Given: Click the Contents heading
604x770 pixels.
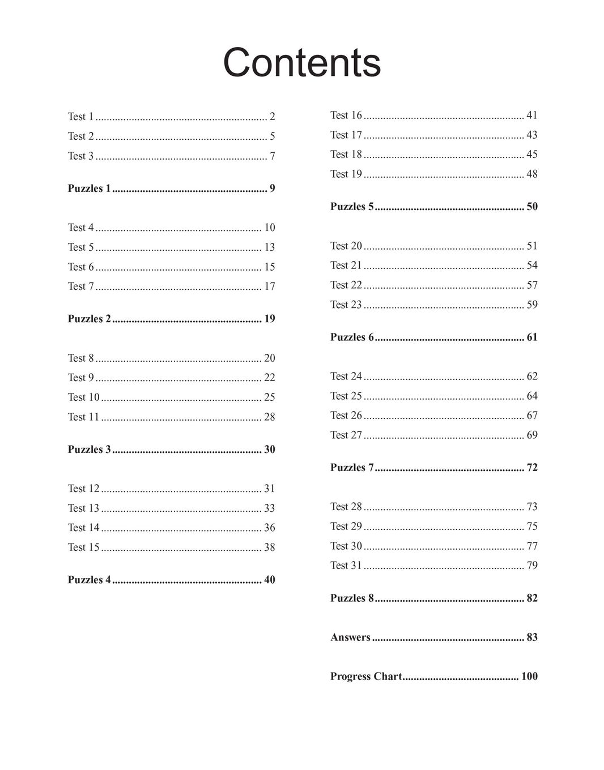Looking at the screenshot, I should [301, 62].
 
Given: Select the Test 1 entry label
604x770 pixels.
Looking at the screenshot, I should [80, 117].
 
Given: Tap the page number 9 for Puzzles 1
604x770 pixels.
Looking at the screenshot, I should [272, 189].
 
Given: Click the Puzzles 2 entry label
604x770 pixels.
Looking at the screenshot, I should [90, 319].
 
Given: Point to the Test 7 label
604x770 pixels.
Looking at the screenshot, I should [80, 286].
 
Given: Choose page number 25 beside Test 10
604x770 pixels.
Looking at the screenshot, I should [269, 397].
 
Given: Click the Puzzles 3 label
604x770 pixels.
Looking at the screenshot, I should [90, 450].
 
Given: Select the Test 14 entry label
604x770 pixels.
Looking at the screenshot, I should [83, 528].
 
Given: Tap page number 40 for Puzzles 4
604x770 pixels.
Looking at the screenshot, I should [269, 580].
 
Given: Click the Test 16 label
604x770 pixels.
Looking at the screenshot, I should [346, 115].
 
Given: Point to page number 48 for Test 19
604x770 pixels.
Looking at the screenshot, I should [531, 174].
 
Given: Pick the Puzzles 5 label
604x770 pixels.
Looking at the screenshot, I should [352, 207].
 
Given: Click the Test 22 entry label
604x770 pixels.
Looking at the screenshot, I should [346, 285].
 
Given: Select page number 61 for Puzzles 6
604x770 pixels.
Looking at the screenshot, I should [531, 337].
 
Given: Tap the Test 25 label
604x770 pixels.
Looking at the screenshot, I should [346, 396].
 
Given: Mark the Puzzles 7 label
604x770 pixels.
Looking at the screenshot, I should [352, 468].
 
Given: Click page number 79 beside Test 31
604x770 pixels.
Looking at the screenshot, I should [531, 566].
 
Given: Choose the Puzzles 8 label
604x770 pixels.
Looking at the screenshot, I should [352, 598].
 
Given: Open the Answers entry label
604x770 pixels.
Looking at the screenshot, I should [350, 638].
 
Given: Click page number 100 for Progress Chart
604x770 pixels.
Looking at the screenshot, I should [529, 677].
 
